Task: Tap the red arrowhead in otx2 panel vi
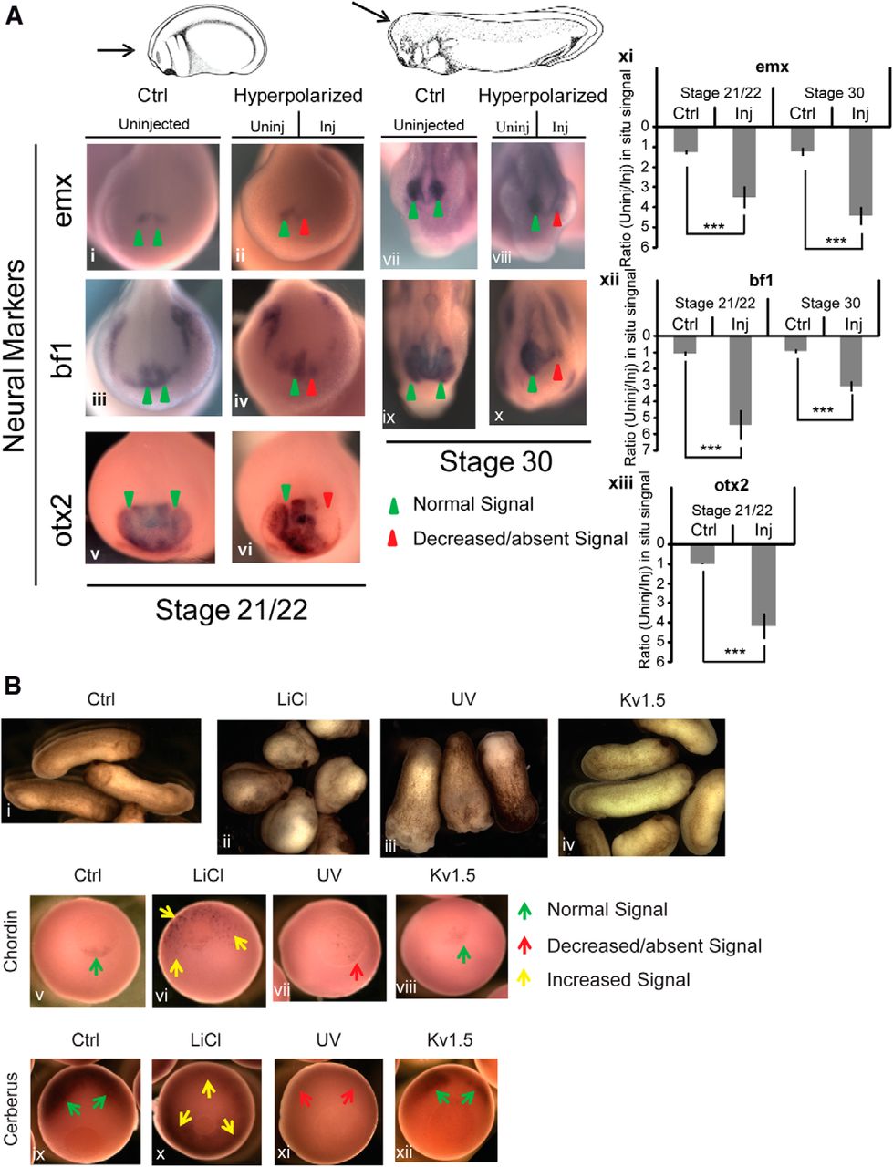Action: click(x=328, y=498)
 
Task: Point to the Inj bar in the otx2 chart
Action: click(x=763, y=584)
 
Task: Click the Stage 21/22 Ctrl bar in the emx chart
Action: click(x=685, y=139)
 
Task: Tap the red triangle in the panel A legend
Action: click(x=392, y=538)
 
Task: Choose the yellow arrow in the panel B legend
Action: click(x=524, y=979)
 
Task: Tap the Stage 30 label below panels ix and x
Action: click(x=495, y=461)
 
